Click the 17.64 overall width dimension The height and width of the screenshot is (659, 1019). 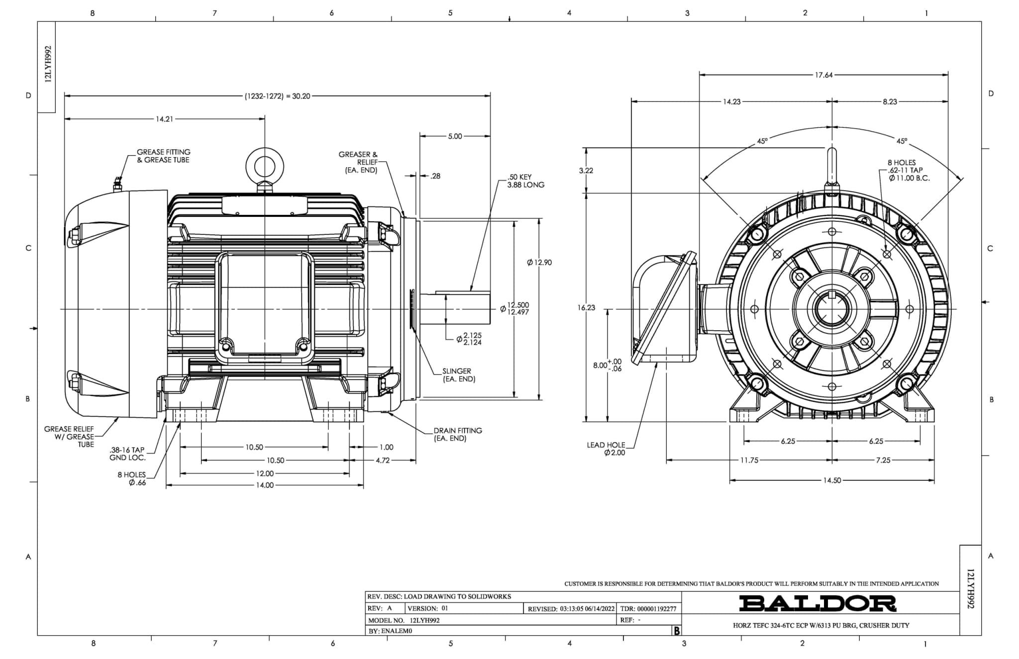tap(823, 75)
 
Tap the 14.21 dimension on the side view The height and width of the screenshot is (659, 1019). tap(164, 119)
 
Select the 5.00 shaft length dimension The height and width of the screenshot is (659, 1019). tap(455, 136)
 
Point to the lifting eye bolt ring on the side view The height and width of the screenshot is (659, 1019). tap(265, 165)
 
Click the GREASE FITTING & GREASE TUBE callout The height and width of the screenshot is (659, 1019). tap(163, 156)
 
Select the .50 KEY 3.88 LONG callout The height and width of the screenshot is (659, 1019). tap(525, 181)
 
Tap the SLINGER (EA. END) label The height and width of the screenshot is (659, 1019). tap(458, 375)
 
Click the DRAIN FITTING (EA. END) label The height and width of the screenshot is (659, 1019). tap(457, 434)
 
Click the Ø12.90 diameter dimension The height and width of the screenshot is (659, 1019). tap(539, 262)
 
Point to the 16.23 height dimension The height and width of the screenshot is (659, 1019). tap(586, 307)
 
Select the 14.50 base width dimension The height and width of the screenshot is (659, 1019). tap(832, 480)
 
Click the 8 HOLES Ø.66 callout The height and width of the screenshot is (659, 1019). tap(132, 478)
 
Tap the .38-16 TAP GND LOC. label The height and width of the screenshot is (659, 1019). tap(127, 454)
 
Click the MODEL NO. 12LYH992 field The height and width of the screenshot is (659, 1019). tap(404, 620)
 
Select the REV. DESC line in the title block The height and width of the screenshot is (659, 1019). tap(439, 596)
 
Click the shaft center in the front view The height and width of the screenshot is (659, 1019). tap(832, 309)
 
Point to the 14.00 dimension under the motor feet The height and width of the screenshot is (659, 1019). tap(265, 485)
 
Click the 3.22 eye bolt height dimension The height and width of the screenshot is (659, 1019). tap(586, 170)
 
